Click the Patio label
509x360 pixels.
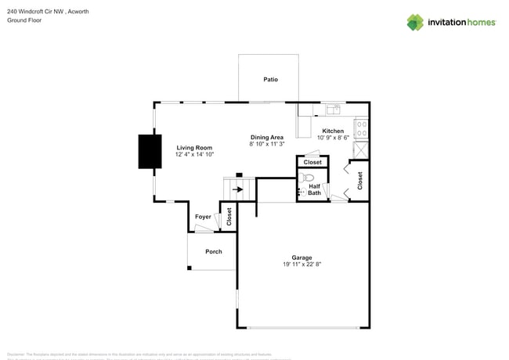coord(270,79)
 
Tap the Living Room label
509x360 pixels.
coord(194,147)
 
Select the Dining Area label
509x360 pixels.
coord(267,137)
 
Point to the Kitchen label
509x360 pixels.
coord(333,131)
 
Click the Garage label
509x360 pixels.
coord(301,257)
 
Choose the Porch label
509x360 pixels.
coord(213,251)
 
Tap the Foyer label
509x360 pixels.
coord(203,217)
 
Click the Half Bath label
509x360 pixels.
coord(314,189)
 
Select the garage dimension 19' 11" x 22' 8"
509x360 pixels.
coord(301,265)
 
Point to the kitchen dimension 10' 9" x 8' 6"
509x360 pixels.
coord(333,138)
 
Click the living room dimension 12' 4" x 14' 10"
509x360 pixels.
coord(194,154)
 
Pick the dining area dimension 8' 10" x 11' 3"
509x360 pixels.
coord(267,144)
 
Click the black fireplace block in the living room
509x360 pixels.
coord(150,152)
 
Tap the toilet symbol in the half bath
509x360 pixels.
coord(307,178)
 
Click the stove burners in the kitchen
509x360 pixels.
coord(362,128)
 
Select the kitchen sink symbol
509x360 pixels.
coord(333,109)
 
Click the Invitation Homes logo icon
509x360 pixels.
coord(414,23)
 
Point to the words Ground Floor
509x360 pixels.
coord(24,20)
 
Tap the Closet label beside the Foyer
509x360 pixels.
coord(229,217)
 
